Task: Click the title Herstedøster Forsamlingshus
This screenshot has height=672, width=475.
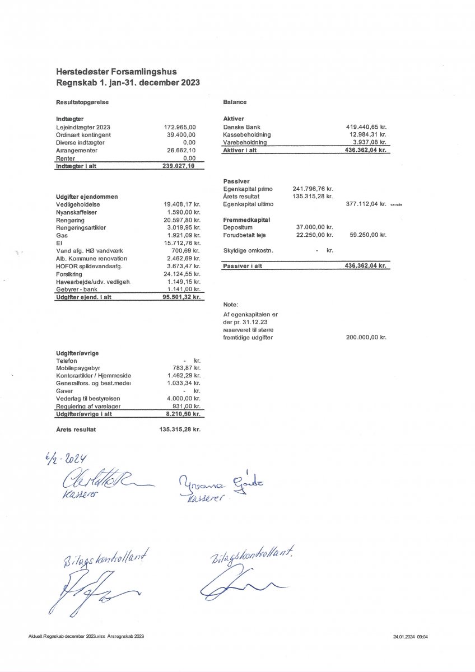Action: (117, 72)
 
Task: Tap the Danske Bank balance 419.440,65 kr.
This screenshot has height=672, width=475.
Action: (366, 127)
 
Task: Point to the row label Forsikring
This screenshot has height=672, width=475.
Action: (69, 274)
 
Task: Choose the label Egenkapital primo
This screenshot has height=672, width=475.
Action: (248, 189)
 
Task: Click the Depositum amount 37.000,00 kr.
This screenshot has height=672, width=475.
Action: (314, 227)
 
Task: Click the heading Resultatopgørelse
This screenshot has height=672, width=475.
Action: (82, 102)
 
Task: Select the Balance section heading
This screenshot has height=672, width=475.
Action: (235, 102)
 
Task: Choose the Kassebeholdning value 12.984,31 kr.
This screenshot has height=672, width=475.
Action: (368, 135)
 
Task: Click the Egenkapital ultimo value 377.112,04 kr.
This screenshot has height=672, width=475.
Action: (366, 204)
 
